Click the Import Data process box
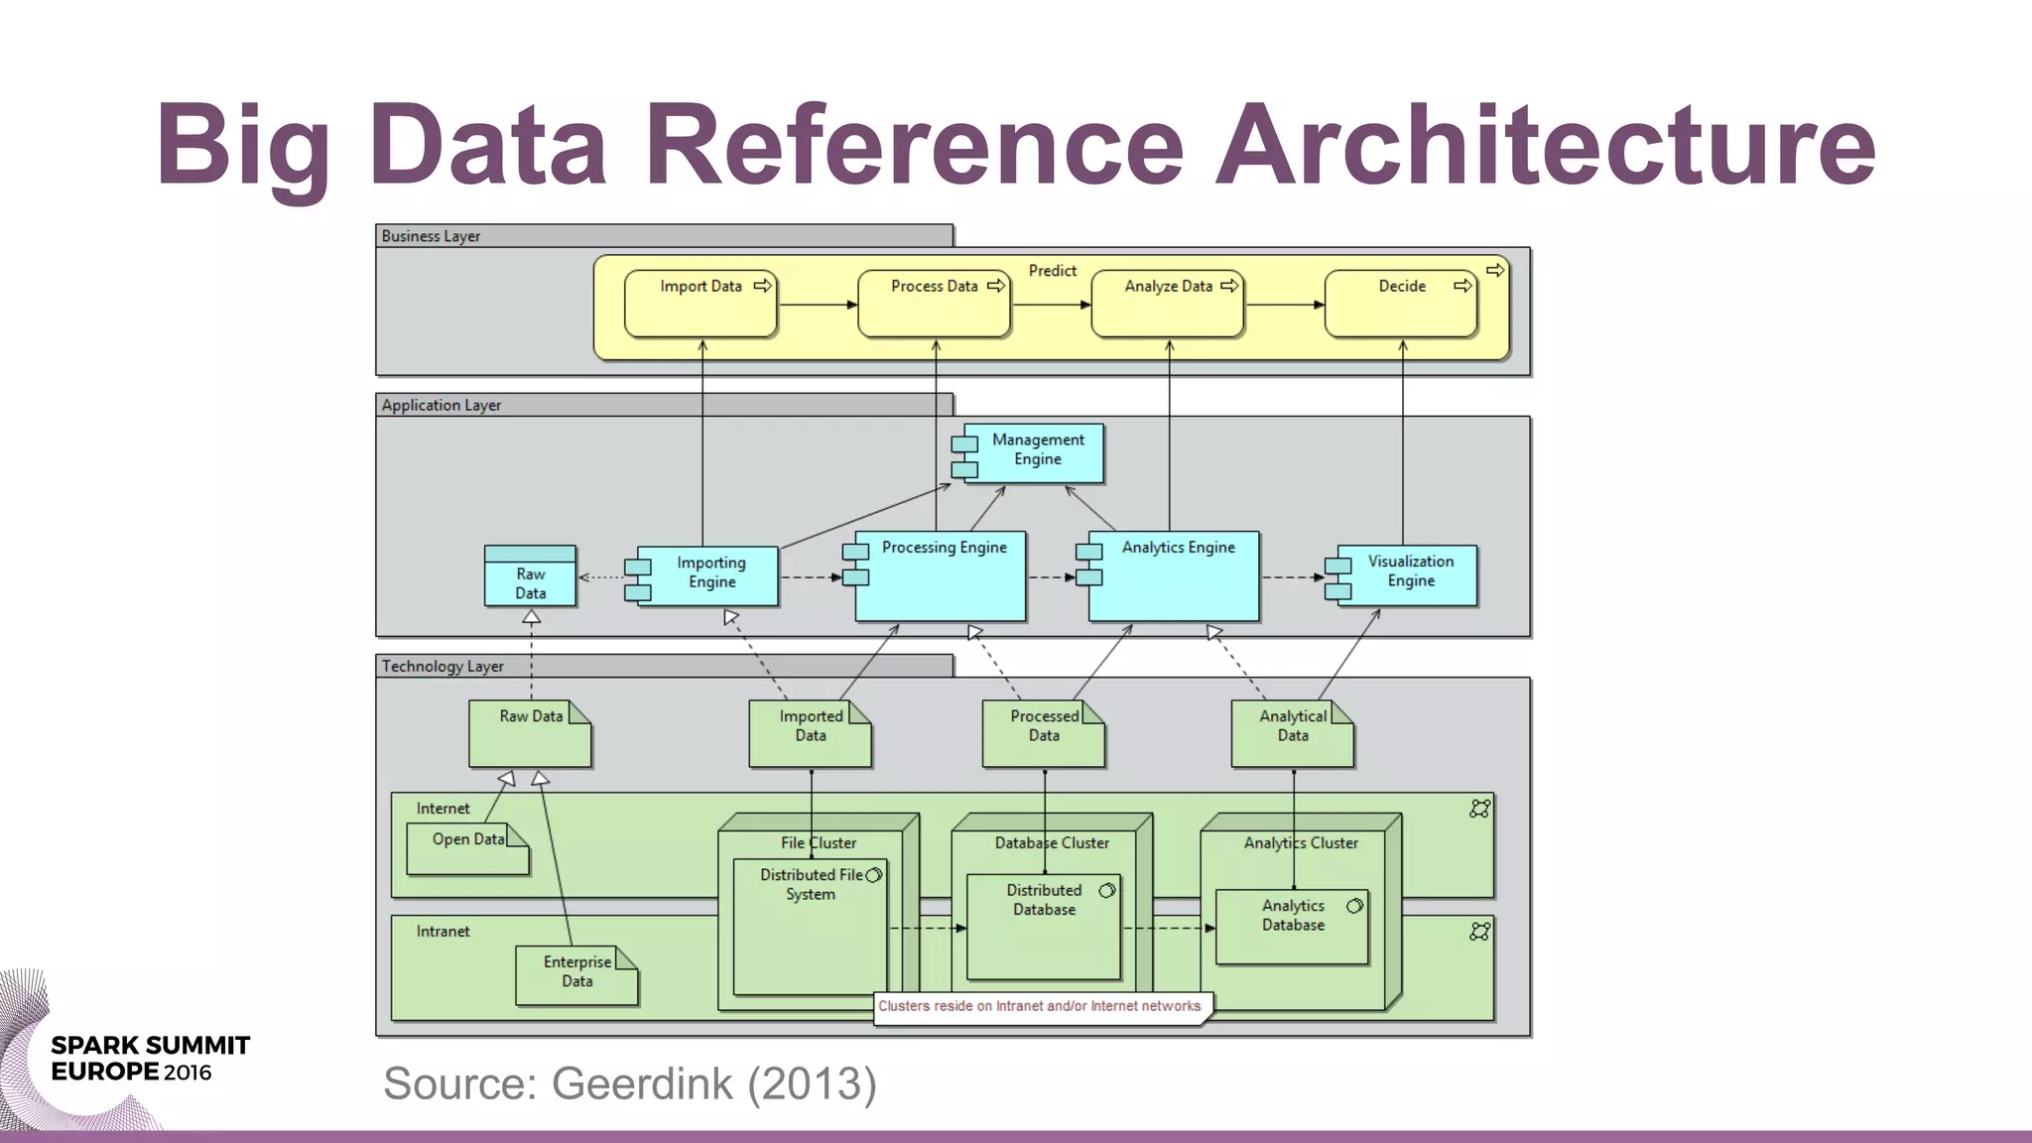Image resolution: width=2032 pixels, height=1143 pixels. click(700, 304)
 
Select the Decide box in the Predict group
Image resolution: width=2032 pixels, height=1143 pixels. click(1401, 304)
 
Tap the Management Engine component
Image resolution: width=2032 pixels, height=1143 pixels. click(1037, 451)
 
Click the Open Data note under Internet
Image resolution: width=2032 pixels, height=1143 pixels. click(467, 847)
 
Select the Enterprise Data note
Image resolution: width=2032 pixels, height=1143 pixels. click(576, 973)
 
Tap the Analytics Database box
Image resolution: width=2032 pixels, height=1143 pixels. click(1292, 925)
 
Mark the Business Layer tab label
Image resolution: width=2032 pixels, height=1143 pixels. click(432, 236)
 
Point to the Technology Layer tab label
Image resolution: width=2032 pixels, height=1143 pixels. click(443, 666)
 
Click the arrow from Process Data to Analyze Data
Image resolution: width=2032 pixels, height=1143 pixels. click(1050, 305)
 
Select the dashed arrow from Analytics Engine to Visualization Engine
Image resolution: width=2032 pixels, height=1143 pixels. click(1292, 576)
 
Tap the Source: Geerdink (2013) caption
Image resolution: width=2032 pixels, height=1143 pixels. click(630, 1083)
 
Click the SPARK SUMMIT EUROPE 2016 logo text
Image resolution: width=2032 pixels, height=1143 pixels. click(149, 1059)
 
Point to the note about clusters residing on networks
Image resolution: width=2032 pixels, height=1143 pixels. click(1039, 1006)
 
